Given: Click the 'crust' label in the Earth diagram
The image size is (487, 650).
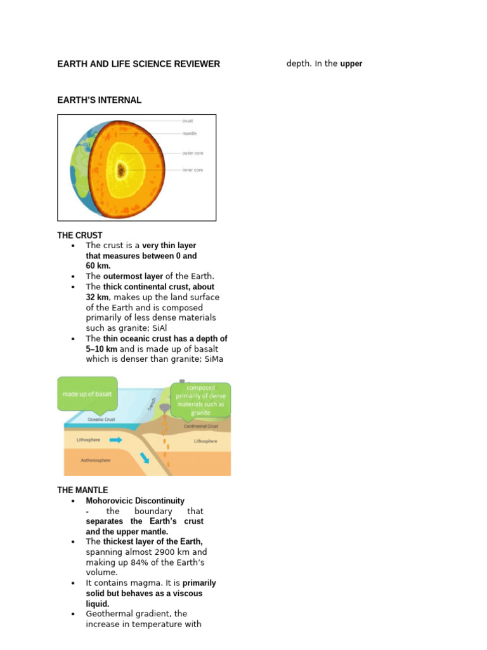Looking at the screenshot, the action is coord(188,121).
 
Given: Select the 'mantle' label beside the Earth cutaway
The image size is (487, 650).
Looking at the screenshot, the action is coord(189,134).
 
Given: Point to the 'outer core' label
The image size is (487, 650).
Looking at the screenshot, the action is coord(192,153).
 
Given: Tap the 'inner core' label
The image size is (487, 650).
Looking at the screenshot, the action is coord(192,170).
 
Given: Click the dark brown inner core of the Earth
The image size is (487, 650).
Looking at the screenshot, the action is coord(121,169).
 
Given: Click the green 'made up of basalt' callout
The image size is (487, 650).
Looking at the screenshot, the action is coord(87,394).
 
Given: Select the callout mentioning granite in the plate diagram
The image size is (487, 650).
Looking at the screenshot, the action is coord(200,400).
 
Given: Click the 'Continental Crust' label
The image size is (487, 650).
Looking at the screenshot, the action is coord(200,426).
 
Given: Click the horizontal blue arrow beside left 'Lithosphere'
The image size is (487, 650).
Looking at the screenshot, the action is coord(117,439).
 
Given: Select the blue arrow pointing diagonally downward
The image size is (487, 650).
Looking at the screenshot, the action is coord(145,458).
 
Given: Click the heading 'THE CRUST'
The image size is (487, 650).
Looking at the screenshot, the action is coord(80,235).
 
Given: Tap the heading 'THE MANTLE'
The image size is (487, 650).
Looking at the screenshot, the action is coord(82,491).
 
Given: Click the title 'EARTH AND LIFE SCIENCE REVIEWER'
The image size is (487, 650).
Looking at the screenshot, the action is coord(139,64).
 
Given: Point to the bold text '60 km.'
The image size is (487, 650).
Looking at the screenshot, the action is coord(98,266).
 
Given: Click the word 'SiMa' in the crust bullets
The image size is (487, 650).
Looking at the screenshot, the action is coord(213,359).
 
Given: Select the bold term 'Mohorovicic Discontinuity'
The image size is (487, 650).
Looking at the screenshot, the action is coord(135,501).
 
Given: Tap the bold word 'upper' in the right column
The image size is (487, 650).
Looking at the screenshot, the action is coord(351,64).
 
